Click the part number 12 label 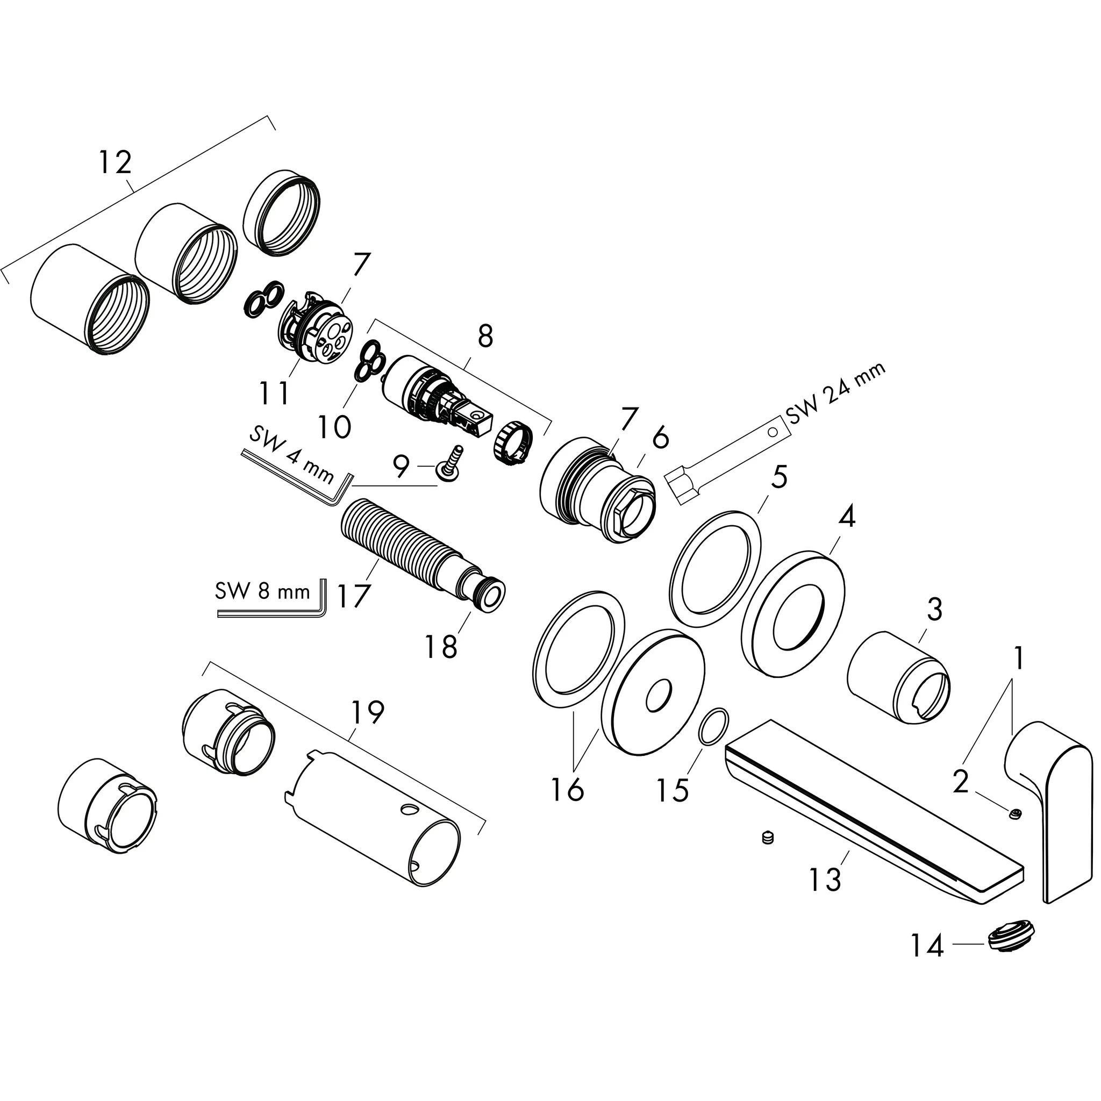[115, 163]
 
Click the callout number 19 [367, 712]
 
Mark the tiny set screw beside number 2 [1014, 815]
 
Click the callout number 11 [274, 392]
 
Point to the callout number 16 [568, 789]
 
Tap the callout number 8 [485, 337]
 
